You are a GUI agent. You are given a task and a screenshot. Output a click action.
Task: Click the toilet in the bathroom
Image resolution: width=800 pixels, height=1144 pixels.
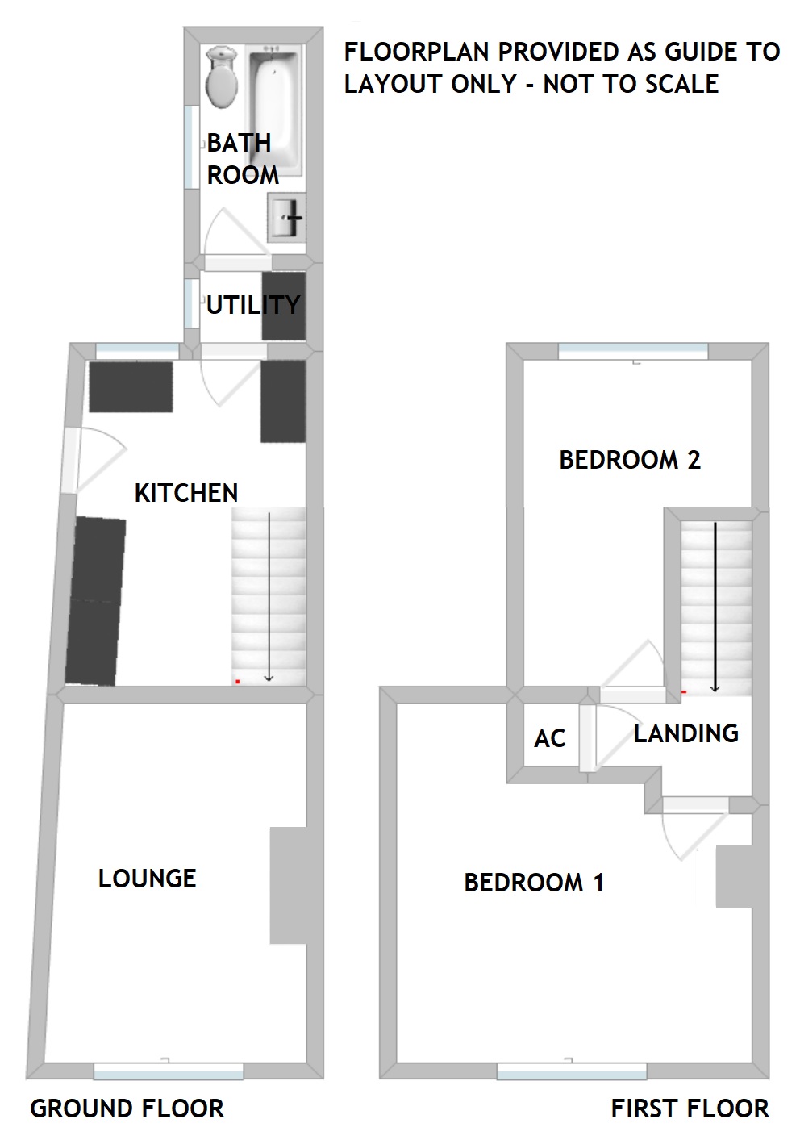pyautogui.click(x=221, y=77)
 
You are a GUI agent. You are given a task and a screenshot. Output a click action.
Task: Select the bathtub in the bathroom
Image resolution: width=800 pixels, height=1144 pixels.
pyautogui.click(x=273, y=109)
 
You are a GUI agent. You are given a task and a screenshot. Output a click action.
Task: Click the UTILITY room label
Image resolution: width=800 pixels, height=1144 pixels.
pyautogui.click(x=253, y=305)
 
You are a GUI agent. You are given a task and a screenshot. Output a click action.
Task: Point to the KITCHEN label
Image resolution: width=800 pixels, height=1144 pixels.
pyautogui.click(x=186, y=493)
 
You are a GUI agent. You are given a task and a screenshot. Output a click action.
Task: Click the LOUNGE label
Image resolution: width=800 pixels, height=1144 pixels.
pyautogui.click(x=148, y=879)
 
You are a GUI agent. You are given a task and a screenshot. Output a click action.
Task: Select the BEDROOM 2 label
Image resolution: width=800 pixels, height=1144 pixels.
pyautogui.click(x=630, y=460)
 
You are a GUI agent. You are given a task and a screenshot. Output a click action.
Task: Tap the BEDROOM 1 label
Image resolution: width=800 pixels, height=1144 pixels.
pyautogui.click(x=534, y=883)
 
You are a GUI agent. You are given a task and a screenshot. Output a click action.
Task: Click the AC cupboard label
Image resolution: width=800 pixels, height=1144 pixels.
pyautogui.click(x=550, y=738)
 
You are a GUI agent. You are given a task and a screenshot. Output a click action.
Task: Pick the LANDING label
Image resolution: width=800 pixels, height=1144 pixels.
pyautogui.click(x=686, y=733)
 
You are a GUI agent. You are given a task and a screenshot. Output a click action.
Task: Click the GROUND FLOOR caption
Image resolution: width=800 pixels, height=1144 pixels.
pyautogui.click(x=127, y=1109)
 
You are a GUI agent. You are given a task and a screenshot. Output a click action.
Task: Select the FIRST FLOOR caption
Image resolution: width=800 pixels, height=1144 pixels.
pyautogui.click(x=690, y=1109)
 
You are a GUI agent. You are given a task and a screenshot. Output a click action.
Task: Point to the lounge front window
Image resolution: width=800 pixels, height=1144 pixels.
pyautogui.click(x=169, y=1071)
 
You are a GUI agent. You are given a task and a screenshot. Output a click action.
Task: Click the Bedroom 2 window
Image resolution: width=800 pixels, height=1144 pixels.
pyautogui.click(x=633, y=351)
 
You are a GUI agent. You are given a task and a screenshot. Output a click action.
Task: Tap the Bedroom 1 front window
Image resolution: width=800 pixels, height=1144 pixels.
pyautogui.click(x=572, y=1071)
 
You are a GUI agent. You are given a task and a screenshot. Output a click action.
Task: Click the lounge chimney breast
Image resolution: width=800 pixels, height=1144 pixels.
pyautogui.click(x=288, y=885)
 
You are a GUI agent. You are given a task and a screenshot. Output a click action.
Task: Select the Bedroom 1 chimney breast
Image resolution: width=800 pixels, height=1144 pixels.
pyautogui.click(x=734, y=877)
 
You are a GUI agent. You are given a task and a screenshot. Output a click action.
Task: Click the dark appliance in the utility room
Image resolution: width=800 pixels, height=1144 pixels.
pyautogui.click(x=285, y=306)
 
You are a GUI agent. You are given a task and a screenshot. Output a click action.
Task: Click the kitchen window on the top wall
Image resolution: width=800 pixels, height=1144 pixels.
pyautogui.click(x=138, y=351)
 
